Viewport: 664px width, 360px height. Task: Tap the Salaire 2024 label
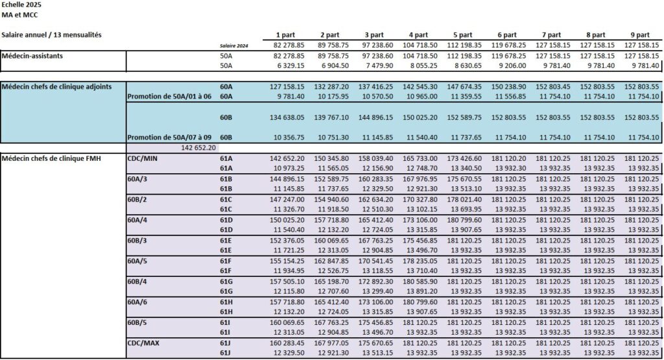click(235, 45)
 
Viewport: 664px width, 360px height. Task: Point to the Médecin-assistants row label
click(32, 56)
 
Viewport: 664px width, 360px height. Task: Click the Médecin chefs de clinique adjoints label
click(56, 86)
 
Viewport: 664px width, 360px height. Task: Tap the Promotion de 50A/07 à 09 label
click(167, 138)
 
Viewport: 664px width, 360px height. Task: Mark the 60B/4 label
click(138, 282)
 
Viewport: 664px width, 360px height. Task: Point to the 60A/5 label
click(138, 261)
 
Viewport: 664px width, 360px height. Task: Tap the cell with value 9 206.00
click(509, 66)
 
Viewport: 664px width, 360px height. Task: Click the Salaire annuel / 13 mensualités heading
click(51, 34)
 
